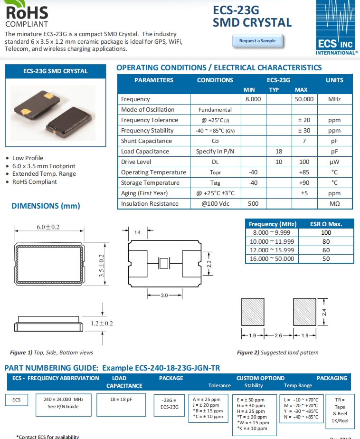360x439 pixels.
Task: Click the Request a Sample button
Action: (257, 41)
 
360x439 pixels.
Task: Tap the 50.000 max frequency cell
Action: (304, 99)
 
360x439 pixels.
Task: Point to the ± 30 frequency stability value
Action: (304, 131)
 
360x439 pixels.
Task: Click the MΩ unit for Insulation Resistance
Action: (334, 204)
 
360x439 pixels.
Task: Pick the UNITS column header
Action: (334, 80)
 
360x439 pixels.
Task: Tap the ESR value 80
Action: (326, 241)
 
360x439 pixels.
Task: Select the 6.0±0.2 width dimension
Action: (48, 227)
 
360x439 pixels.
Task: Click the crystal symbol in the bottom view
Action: (163, 263)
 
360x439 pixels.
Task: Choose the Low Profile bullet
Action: (28, 158)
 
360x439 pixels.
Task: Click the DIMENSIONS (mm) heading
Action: (46, 206)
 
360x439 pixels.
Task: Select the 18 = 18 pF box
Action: (121, 400)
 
